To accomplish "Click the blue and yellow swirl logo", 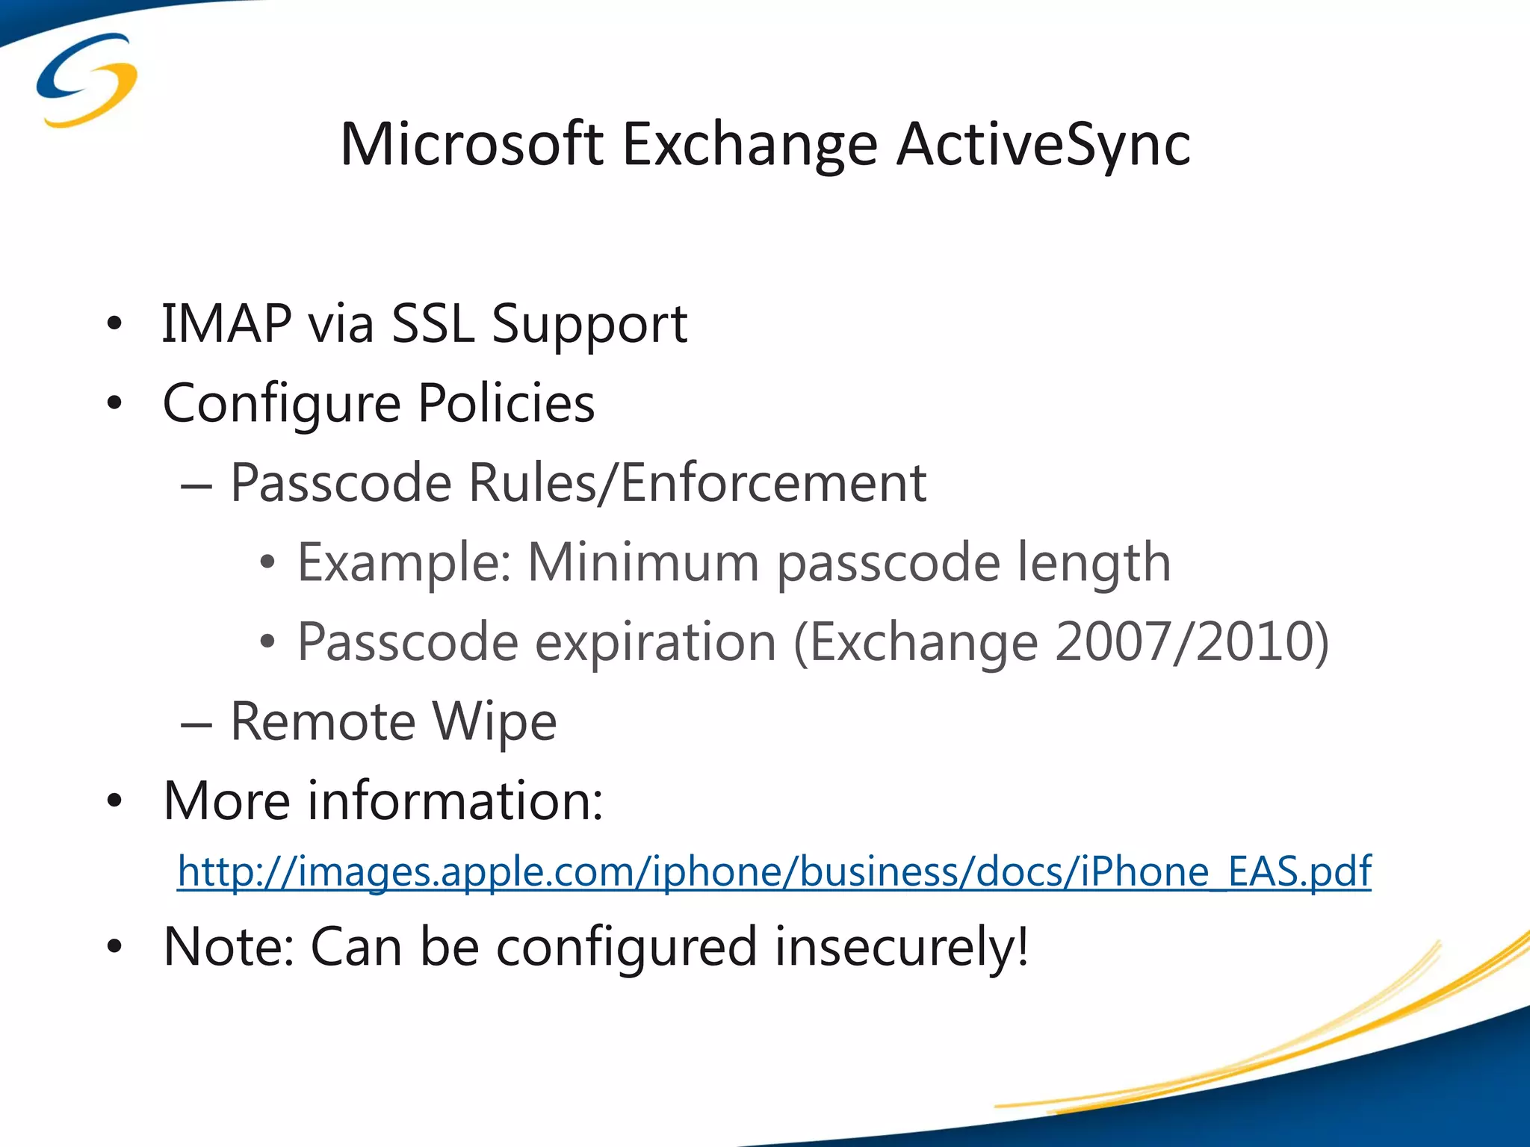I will (87, 81).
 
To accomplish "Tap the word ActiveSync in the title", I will (1043, 145).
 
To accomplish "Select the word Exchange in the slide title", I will (749, 145).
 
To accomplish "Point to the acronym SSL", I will (433, 324).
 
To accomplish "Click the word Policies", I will (506, 403).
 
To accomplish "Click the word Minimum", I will (643, 562).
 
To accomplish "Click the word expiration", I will (655, 643).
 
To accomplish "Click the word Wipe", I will (495, 722).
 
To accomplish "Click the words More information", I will (382, 801).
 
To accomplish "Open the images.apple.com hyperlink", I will (774, 871).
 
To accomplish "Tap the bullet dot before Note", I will (114, 947).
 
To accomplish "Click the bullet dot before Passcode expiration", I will (267, 641).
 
